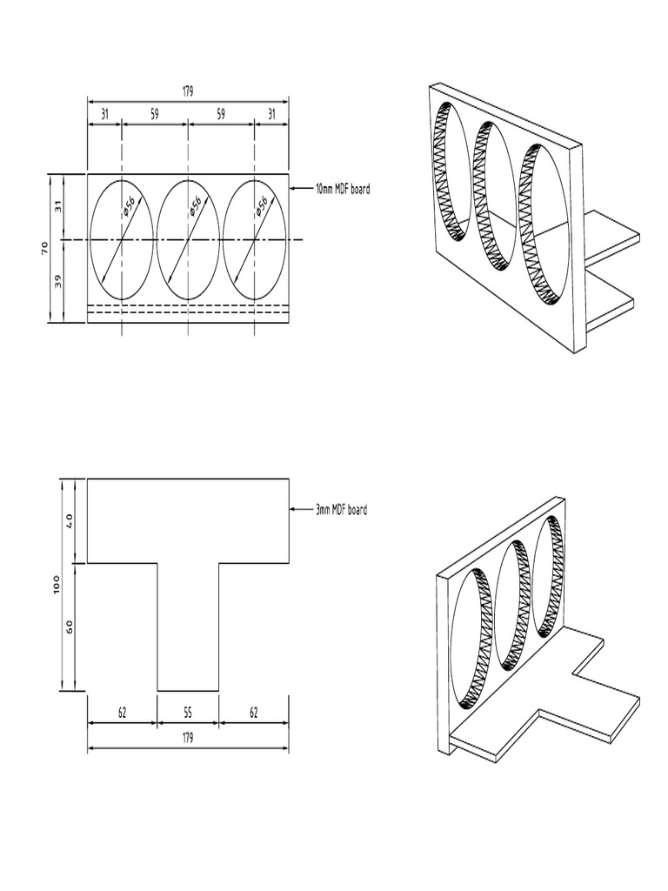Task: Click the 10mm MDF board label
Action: (343, 189)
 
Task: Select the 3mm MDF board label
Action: (341, 510)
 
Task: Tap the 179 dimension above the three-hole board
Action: (188, 91)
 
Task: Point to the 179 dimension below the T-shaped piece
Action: (188, 738)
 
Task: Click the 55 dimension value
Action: (188, 713)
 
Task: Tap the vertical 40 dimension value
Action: (70, 520)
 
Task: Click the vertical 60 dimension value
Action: (70, 626)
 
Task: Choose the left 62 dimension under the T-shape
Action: (122, 713)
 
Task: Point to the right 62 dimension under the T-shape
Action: (254, 713)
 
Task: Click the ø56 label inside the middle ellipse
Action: (193, 206)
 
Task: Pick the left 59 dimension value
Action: (154, 113)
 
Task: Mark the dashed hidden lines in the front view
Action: (188, 308)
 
